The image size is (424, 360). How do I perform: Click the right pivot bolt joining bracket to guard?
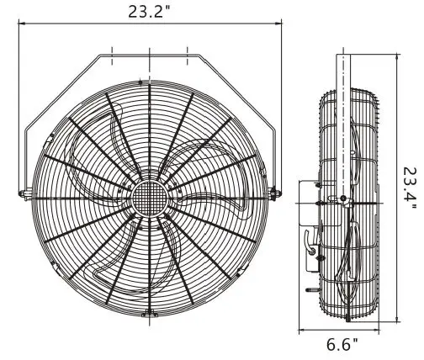click(x=274, y=194)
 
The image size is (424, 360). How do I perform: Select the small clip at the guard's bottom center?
click(x=149, y=315)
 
